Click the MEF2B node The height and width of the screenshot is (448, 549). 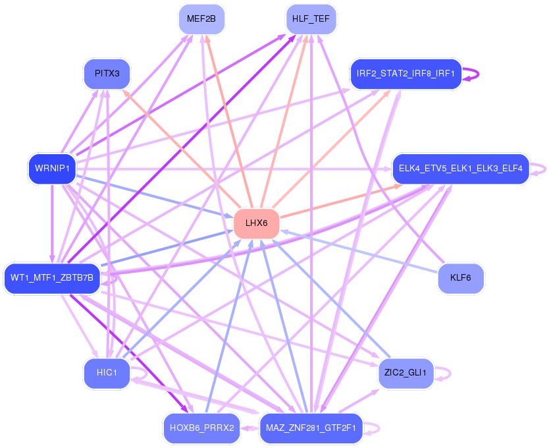coord(201,19)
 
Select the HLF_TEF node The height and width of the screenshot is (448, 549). coord(311,19)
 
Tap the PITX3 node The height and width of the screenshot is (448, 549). coord(107,74)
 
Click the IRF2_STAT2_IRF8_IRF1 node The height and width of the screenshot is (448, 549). coord(405,74)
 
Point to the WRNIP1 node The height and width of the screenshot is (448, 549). coord(52,169)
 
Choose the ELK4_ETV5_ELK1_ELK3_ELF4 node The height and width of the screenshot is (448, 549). coord(460,169)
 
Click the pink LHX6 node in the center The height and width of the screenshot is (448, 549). coord(257,223)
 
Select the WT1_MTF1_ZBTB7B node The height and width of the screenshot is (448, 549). coord(52,278)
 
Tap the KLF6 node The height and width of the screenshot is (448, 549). coord(460,278)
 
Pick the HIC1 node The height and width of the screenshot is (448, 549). coord(107,373)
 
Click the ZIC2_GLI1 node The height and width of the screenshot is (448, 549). coord(405,373)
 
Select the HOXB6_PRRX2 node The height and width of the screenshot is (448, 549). coord(201,428)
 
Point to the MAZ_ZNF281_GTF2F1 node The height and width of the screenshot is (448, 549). coord(311,428)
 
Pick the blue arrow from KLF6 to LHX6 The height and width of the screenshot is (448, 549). coord(359,251)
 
